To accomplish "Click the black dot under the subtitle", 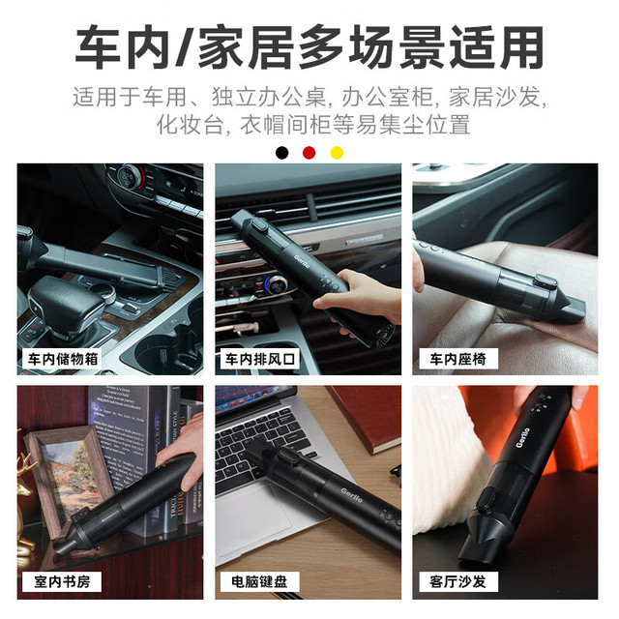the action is (281, 153).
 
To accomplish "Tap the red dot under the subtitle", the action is (309, 153).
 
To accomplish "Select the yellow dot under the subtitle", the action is (337, 153).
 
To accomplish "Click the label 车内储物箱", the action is (62, 359).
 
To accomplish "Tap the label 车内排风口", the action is (260, 359).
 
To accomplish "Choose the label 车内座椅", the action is (457, 359).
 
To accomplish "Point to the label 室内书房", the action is (62, 581).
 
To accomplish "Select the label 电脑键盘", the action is (259, 581).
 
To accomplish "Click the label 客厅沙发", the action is (457, 581).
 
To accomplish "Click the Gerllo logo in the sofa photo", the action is (522, 437).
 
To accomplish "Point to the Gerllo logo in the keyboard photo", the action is (351, 494).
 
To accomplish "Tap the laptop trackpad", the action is (252, 521).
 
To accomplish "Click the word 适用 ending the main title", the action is (496, 46).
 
